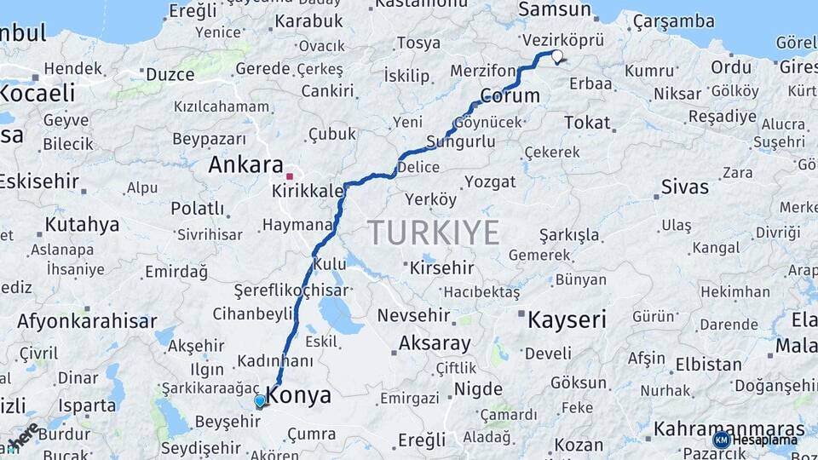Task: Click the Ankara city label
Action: (245, 164)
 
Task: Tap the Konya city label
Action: (299, 396)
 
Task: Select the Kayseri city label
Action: (567, 320)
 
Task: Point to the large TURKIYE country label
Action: (433, 232)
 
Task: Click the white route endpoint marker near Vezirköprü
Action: (557, 56)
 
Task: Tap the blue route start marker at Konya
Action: (260, 400)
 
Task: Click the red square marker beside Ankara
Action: (290, 176)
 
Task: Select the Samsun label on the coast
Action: (555, 10)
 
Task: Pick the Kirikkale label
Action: (308, 191)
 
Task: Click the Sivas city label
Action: (684, 187)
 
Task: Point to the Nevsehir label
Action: (413, 315)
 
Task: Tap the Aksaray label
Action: (434, 344)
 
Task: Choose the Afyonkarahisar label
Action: (87, 321)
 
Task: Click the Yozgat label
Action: (489, 181)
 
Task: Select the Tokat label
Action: (587, 124)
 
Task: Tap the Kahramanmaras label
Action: (729, 428)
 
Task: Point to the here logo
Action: (23, 437)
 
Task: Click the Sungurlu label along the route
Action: (460, 141)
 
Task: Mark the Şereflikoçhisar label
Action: (291, 290)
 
